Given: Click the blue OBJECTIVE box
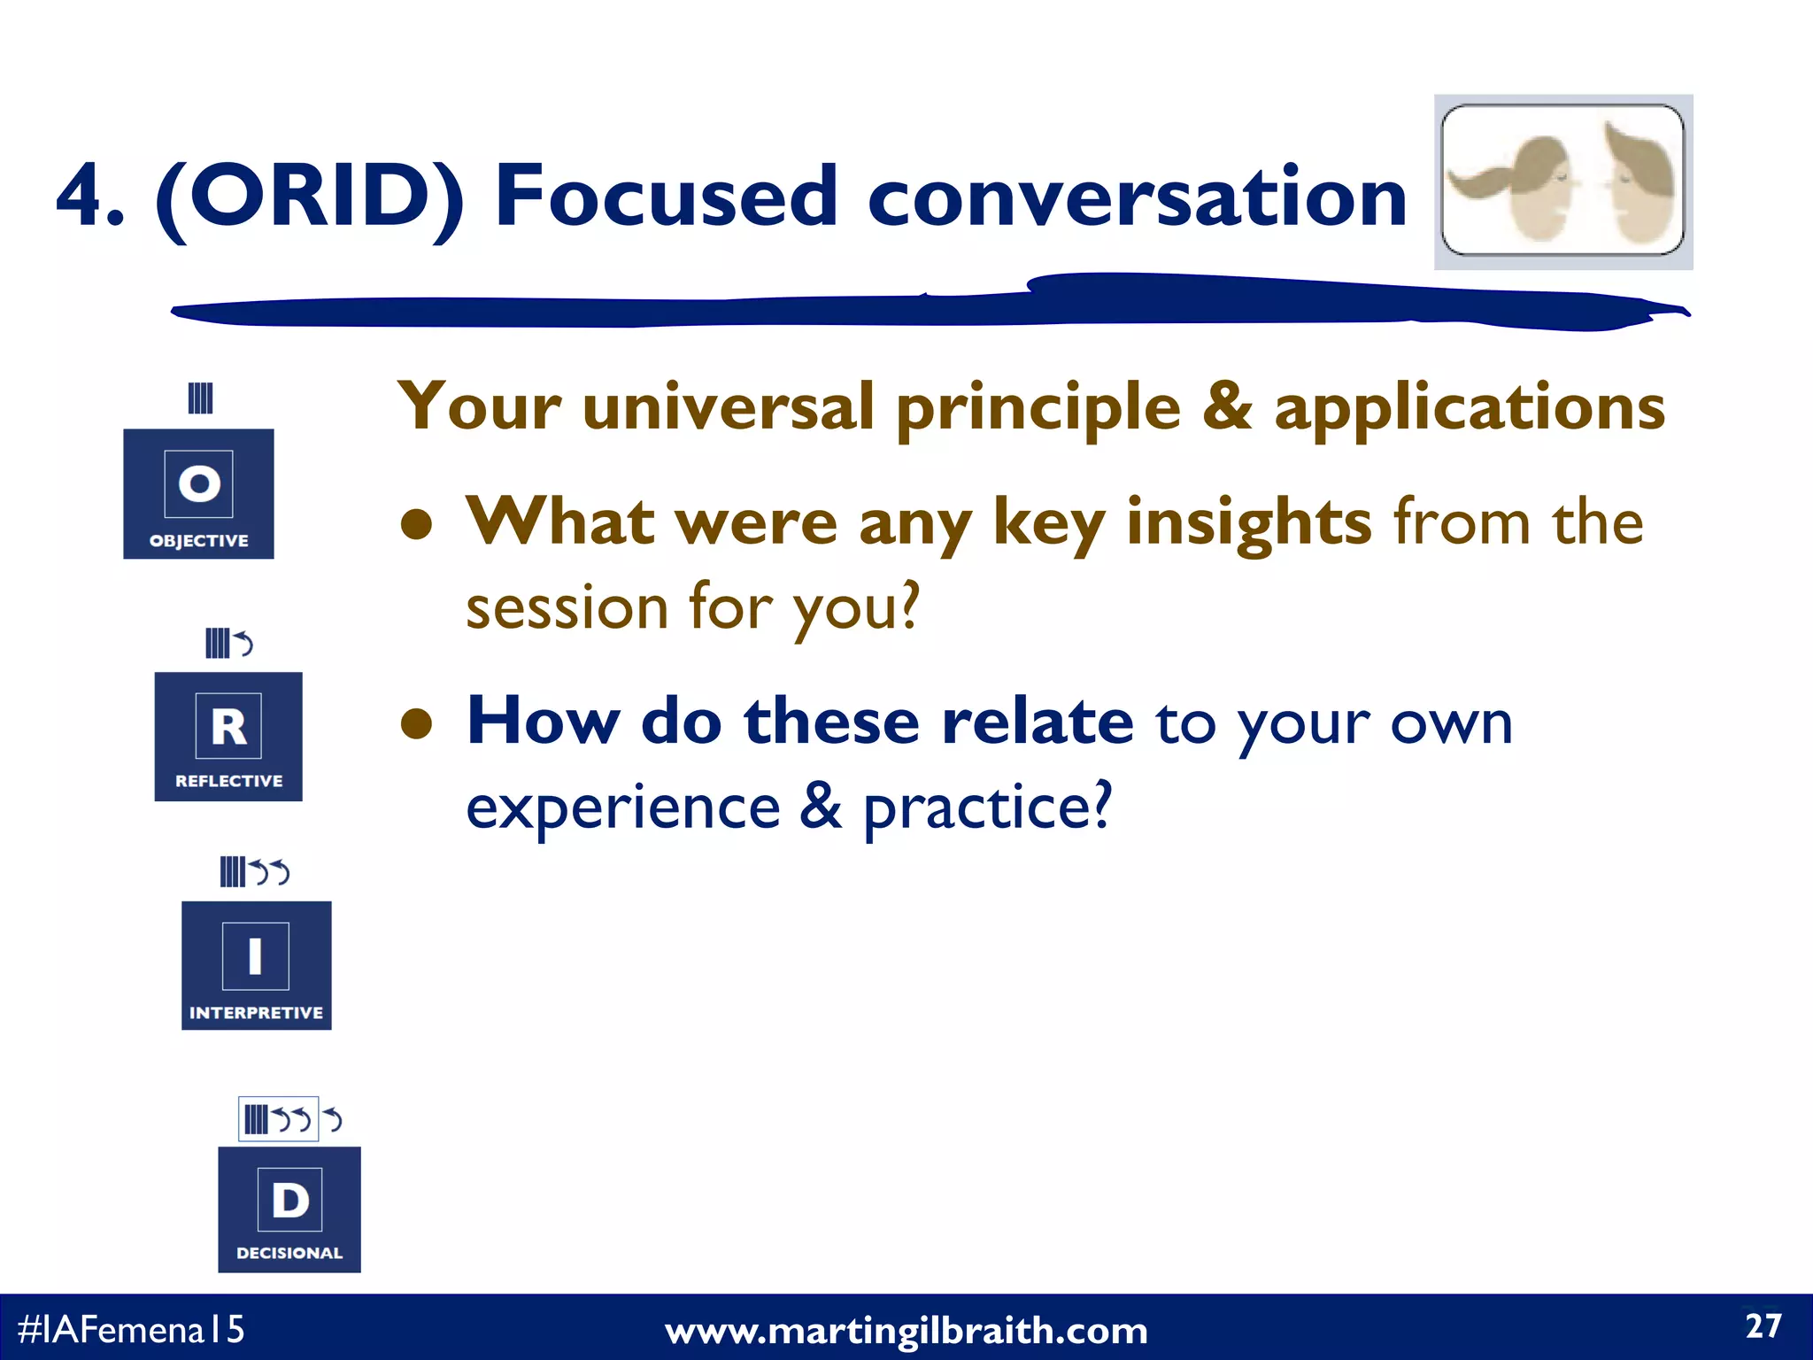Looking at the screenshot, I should (x=198, y=493).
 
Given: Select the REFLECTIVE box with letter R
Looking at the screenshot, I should (x=228, y=737).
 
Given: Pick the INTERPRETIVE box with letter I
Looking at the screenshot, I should (x=256, y=965).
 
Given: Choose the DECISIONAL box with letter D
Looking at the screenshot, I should (x=289, y=1209).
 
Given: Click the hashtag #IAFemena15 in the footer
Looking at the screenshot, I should (x=130, y=1329).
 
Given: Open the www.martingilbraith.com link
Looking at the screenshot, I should (x=906, y=1331).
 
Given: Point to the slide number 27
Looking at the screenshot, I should (x=1763, y=1326).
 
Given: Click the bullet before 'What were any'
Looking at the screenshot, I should (x=416, y=524).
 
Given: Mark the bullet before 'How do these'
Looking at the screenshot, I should (x=416, y=724).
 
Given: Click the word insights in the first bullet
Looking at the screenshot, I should (x=1248, y=522).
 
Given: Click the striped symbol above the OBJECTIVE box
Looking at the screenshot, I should (x=201, y=398).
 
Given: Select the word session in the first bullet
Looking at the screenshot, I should (x=567, y=608).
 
